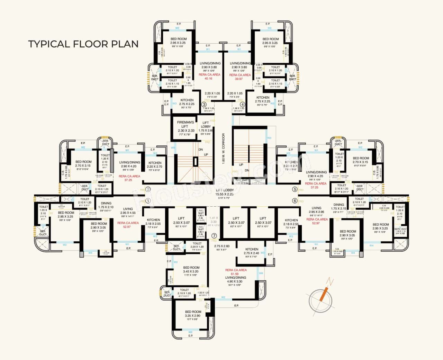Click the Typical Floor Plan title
(x=83, y=44)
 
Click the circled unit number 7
(x=214, y=236)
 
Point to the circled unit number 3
(x=204, y=104)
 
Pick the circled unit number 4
(x=243, y=104)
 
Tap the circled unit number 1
(x=148, y=201)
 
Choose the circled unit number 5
(x=295, y=189)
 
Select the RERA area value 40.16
(x=208, y=79)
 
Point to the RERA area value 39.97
(x=239, y=79)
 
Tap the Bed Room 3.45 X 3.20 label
(x=191, y=270)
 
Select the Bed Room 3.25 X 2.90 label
(x=193, y=314)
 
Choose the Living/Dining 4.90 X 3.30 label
(x=236, y=280)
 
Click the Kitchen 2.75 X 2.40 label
(x=252, y=251)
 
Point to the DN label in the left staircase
(x=201, y=150)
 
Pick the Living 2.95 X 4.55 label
(x=128, y=211)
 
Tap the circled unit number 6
(x=295, y=201)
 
